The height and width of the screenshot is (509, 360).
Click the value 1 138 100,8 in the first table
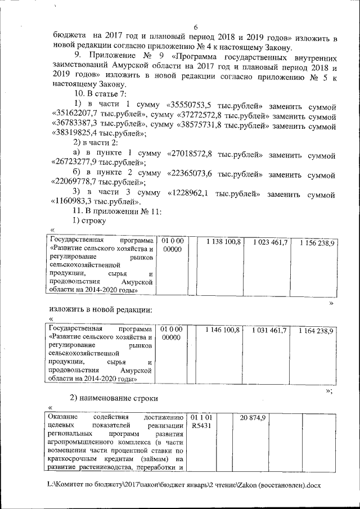[223, 241]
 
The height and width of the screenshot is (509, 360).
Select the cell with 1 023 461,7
[270, 241]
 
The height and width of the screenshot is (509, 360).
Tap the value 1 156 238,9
[317, 242]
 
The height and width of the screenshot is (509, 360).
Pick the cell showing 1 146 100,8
[223, 329]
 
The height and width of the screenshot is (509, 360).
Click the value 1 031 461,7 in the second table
[270, 329]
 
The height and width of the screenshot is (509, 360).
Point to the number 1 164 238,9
[317, 330]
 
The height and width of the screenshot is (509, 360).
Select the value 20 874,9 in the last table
[253, 417]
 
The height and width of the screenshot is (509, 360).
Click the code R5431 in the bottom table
[201, 426]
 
